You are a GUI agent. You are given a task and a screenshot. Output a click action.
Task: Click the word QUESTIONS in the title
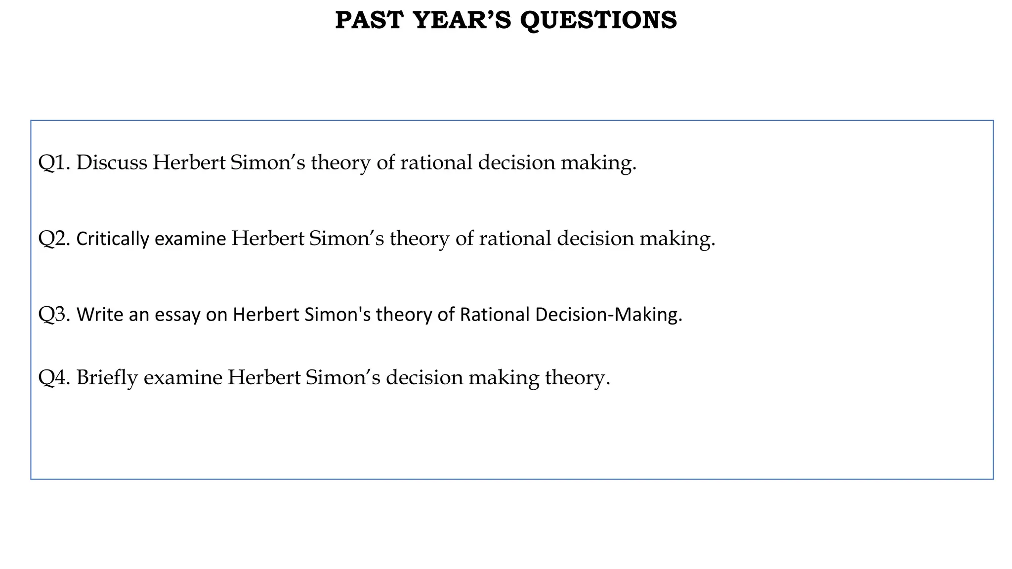598,20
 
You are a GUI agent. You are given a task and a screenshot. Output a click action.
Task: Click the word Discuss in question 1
112,163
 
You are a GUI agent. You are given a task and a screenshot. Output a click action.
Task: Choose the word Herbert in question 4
264,378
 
